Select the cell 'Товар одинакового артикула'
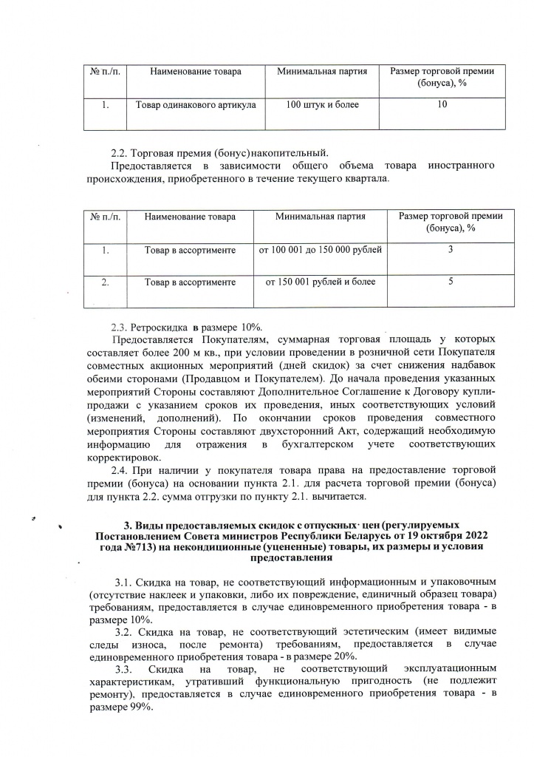coord(196,105)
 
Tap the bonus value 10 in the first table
coord(442,105)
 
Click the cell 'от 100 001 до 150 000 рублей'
coord(320,251)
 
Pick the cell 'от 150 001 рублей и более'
coord(320,282)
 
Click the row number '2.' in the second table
coord(105,282)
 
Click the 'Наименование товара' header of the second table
coord(190,217)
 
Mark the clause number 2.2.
coord(119,155)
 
